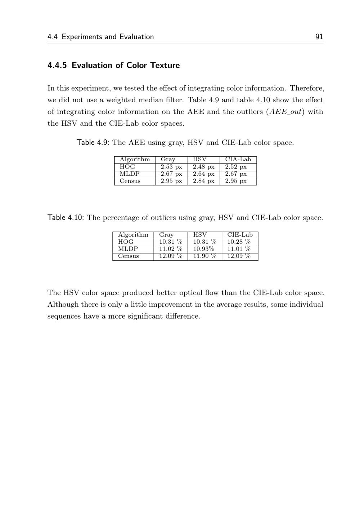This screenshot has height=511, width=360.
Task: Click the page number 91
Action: (319, 37)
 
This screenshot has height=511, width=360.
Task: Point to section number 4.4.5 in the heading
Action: (57, 66)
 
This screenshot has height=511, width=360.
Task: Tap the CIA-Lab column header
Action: (238, 160)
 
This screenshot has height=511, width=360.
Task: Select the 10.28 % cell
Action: (239, 242)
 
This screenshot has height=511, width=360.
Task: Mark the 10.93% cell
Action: (204, 249)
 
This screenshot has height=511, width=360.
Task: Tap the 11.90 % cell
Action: (204, 256)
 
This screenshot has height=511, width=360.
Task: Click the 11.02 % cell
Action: (171, 249)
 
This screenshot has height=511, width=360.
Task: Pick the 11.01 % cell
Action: (239, 249)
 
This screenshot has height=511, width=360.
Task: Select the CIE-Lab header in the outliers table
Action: (240, 235)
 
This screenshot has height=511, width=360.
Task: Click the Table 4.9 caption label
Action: (92, 143)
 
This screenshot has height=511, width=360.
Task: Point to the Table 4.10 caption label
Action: (66, 218)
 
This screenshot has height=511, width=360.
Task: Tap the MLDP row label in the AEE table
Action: (130, 174)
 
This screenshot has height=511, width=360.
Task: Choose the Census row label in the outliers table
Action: (129, 256)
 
